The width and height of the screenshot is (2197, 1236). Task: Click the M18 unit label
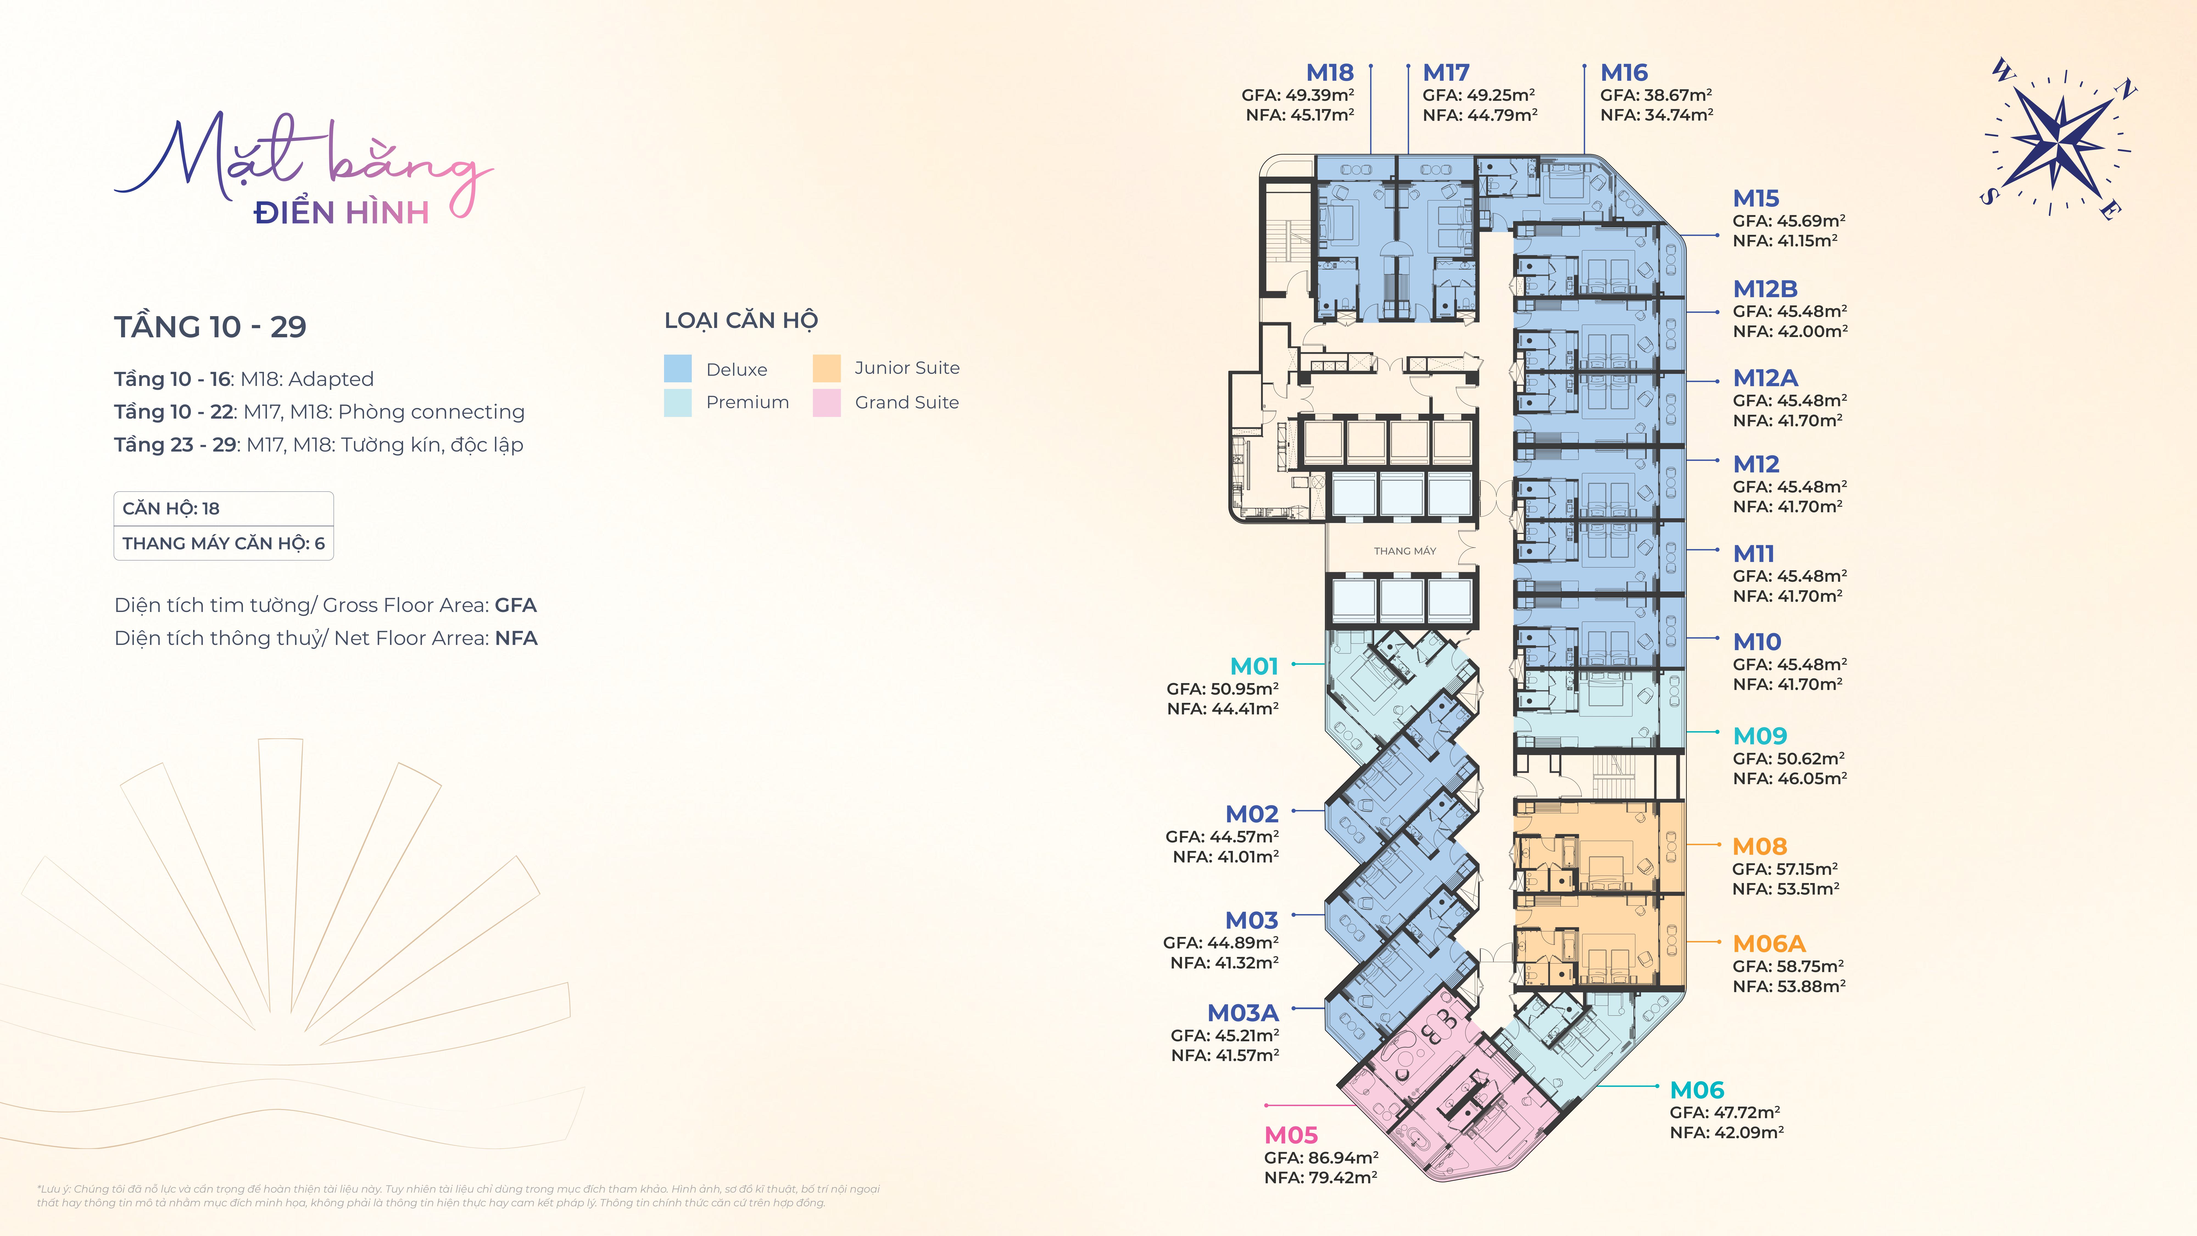[x=1330, y=73]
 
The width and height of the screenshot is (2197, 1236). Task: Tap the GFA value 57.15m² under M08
[x=1807, y=868]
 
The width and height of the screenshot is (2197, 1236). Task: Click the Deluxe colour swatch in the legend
[x=677, y=369]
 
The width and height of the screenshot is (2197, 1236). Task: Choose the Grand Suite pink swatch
[x=826, y=403]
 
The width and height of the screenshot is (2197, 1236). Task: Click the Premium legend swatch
[x=677, y=403]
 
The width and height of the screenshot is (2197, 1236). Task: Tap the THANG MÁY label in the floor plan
[x=1405, y=551]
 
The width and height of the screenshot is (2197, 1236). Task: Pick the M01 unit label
[x=1254, y=666]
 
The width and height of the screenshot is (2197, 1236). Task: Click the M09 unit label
[x=1760, y=735]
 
